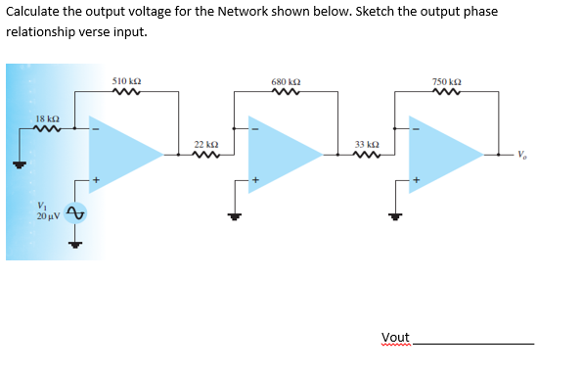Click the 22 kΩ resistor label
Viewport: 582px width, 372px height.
point(205,144)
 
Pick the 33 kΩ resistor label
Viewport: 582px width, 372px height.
point(366,144)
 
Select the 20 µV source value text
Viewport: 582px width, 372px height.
point(48,215)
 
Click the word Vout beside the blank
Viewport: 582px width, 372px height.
point(395,338)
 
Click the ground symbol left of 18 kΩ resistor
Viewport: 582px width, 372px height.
point(17,163)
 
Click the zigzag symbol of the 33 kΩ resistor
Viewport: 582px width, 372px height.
point(365,155)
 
